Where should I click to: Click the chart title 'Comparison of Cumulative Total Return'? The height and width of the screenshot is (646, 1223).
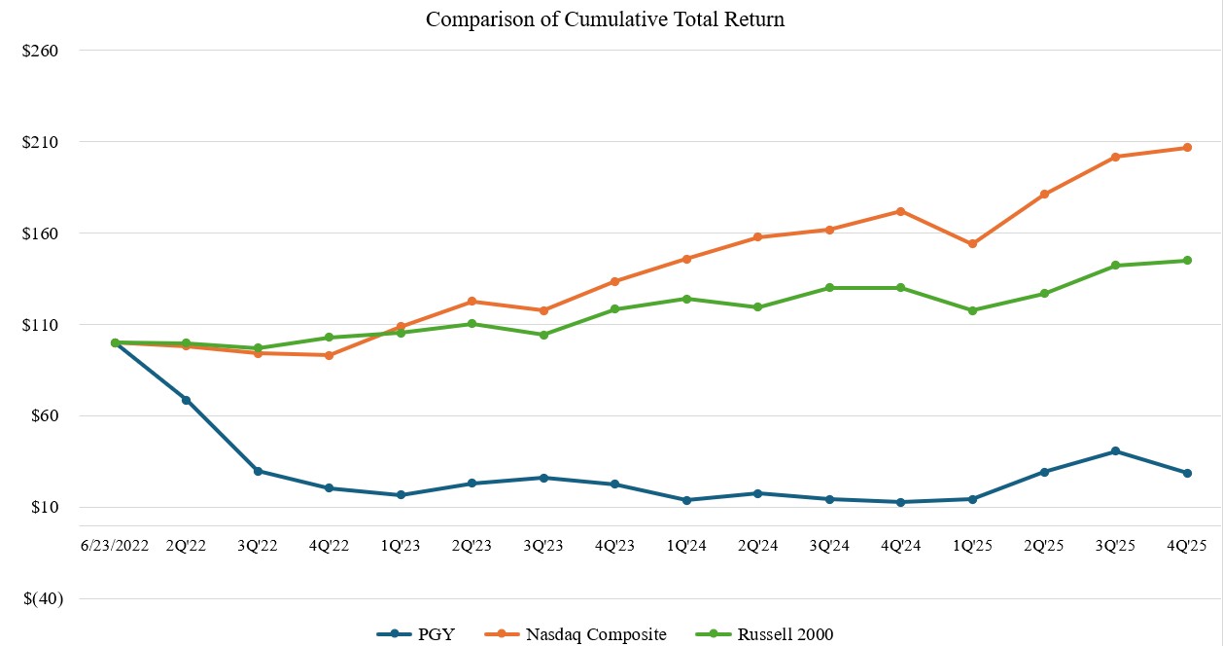pos(605,19)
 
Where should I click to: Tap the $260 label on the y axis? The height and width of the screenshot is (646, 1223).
pos(41,51)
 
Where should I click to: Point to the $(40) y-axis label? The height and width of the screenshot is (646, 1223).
pos(42,599)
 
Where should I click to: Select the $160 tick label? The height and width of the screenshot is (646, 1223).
pos(41,233)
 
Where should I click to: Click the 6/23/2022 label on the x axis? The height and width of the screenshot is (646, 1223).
pos(115,546)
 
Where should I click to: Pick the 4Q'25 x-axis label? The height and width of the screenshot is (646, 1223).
pos(1187,546)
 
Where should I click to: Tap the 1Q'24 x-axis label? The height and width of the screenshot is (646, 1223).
pos(686,546)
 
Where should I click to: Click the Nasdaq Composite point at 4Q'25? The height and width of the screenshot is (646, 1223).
pos(1187,148)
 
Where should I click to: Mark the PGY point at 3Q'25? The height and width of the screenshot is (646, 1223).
pos(1115,451)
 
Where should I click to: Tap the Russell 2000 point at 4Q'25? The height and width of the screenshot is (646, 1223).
pos(1187,261)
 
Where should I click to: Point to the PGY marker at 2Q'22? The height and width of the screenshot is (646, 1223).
pos(186,400)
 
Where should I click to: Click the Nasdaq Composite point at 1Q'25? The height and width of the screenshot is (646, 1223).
pos(972,244)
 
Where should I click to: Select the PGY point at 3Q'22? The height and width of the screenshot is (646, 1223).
pos(258,471)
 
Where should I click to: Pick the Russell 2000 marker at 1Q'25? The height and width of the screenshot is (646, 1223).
pos(972,310)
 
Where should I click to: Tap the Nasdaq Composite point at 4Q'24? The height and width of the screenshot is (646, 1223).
pos(901,211)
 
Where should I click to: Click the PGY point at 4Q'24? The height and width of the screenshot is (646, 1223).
pos(901,502)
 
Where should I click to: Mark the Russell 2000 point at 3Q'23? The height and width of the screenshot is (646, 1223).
pos(543,335)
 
